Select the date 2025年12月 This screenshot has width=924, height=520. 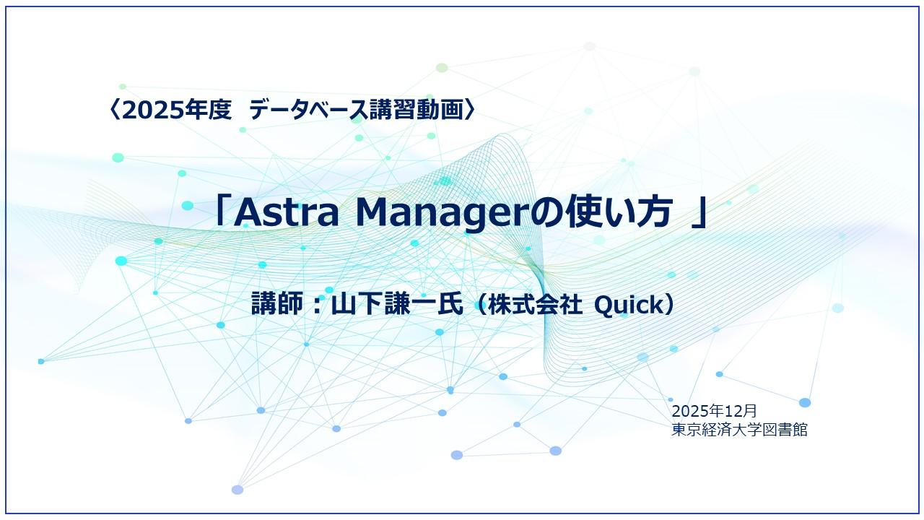[714, 411]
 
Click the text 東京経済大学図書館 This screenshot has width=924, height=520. [738, 430]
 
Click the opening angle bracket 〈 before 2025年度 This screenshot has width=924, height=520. [113, 110]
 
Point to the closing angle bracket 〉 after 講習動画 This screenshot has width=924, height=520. [470, 110]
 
